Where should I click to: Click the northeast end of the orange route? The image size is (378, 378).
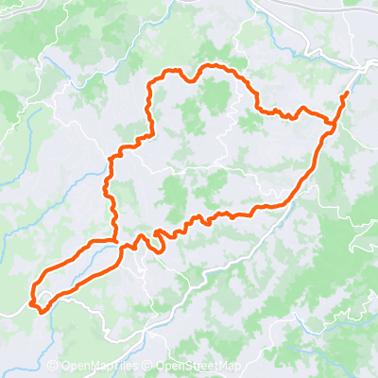pyautogui.click(x=347, y=94)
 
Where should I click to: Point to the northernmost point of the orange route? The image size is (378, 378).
pyautogui.click(x=214, y=66)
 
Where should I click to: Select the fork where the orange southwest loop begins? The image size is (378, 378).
pyautogui.click(x=115, y=242)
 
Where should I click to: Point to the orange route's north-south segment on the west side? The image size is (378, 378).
pyautogui.click(x=112, y=189)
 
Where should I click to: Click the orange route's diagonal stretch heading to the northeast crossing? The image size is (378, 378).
pyautogui.click(x=307, y=170)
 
